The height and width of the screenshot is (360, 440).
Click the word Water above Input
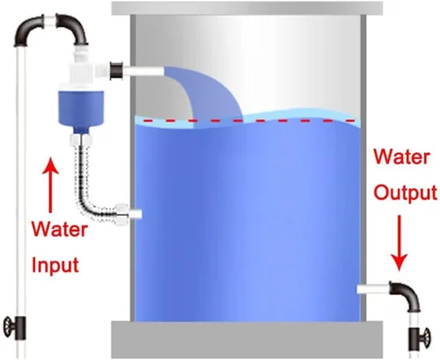[60, 230]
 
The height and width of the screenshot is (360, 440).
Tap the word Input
[55, 265]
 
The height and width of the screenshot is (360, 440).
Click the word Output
[406, 193]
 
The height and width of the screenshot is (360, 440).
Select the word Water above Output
[401, 157]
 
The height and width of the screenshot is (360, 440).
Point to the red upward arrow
[51, 185]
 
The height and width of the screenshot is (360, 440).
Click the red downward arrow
[400, 243]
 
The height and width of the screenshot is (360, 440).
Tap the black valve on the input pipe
[15, 327]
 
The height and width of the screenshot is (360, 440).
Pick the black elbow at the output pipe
[407, 295]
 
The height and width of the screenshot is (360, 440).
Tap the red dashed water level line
[249, 121]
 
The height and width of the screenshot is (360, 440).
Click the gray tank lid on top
[246, 8]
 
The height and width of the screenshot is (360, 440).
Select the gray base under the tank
[246, 340]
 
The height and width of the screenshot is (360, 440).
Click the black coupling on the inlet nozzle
[116, 70]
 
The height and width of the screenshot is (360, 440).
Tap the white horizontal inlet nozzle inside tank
[143, 71]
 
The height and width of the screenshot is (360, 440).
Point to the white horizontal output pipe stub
[373, 289]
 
